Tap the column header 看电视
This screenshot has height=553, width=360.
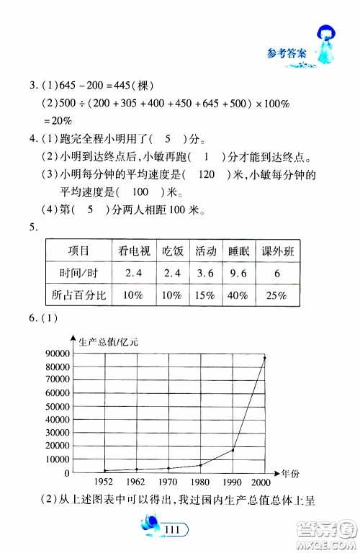click(135, 251)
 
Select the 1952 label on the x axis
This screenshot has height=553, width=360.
click(105, 482)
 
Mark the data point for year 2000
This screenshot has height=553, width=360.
click(264, 358)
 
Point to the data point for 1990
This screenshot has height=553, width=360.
click(233, 450)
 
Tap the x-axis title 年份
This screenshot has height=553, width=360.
click(290, 473)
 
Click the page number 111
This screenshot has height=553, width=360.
click(171, 531)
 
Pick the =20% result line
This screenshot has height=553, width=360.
click(59, 122)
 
